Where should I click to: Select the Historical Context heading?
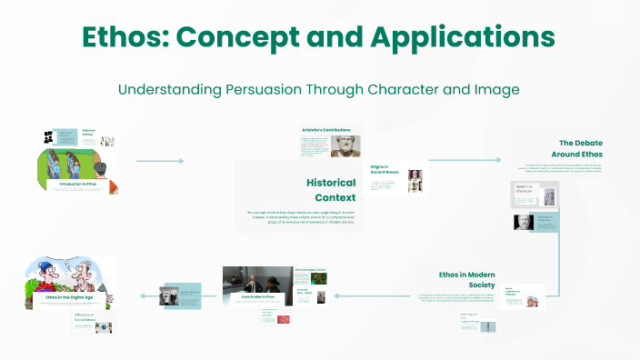330,189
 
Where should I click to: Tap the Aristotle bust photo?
350,146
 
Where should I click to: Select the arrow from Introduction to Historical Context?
160,161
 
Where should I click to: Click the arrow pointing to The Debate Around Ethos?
464,160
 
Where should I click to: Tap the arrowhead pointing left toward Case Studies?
335,295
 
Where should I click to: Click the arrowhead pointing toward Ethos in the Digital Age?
140,295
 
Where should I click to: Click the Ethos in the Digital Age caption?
68,296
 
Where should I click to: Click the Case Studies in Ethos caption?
257,296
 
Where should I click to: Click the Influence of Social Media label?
86,317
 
